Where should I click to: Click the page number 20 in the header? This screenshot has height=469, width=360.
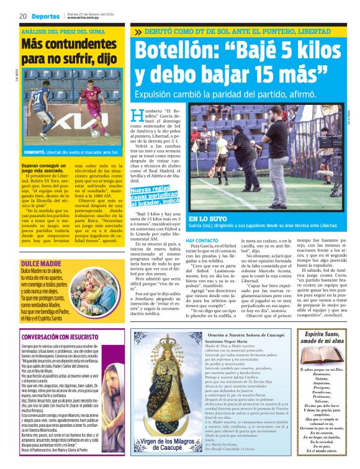(22, 16)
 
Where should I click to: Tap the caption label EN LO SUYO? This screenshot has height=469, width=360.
(208, 219)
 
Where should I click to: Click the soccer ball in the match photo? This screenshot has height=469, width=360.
(96, 133)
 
